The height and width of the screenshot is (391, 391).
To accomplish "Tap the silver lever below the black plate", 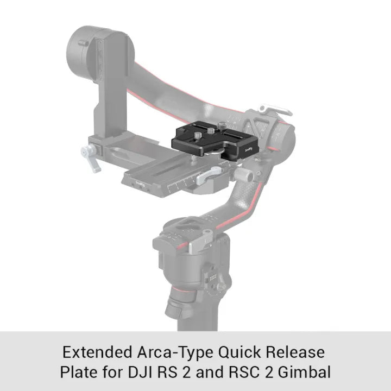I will [x=209, y=175].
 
